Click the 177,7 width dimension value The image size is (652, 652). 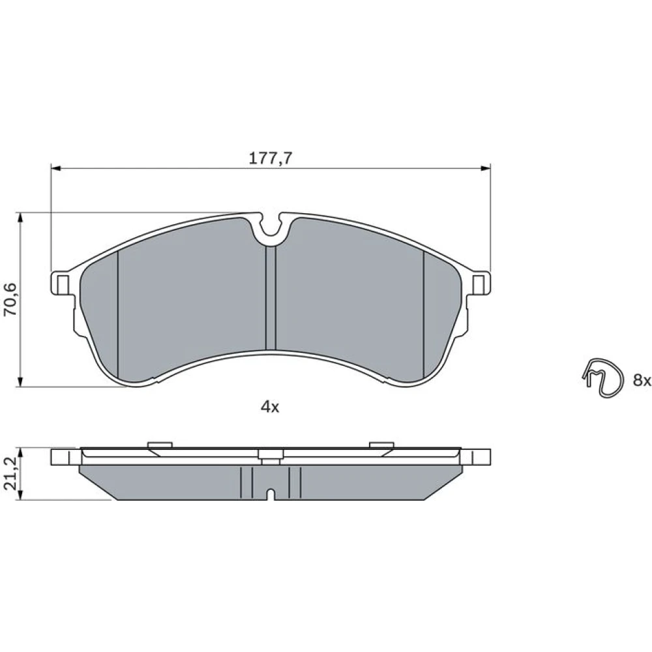coord(271,158)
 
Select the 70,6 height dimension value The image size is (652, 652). coord(10,299)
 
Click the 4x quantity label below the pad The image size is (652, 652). coord(270,407)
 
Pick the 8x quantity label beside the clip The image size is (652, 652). coord(642,379)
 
